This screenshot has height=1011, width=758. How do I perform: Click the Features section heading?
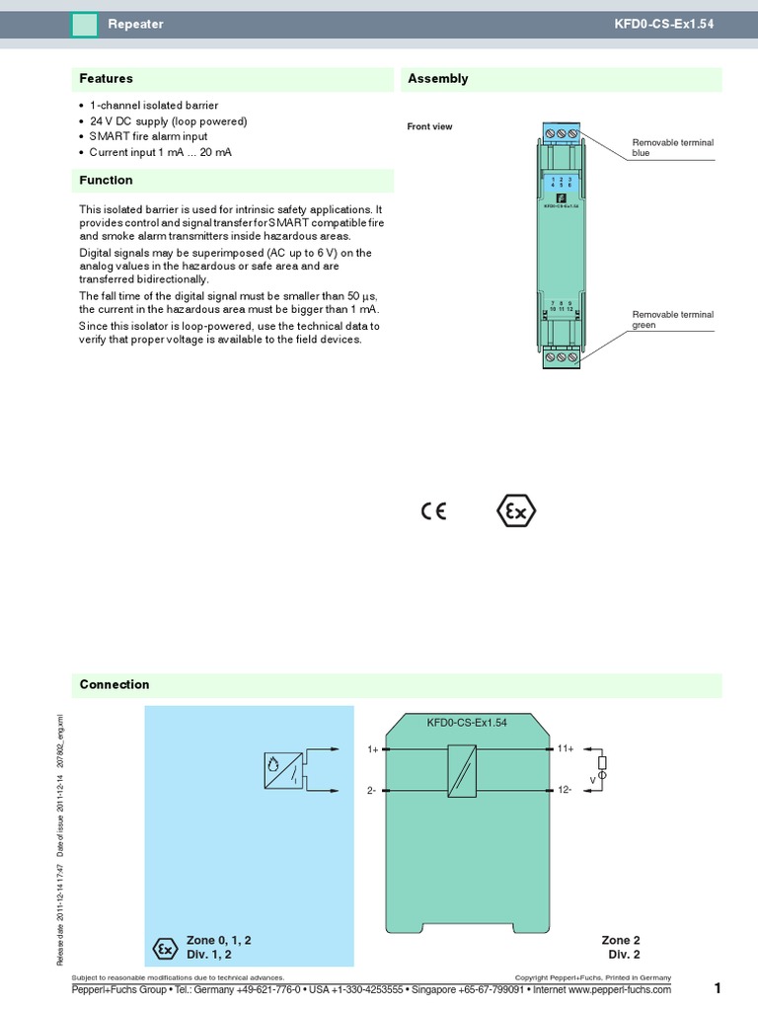point(106,79)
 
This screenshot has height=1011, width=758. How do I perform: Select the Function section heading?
point(106,181)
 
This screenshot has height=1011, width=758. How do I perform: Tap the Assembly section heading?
point(437,79)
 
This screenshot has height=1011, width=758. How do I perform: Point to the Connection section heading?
point(114,684)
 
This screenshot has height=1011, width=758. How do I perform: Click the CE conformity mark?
point(433,511)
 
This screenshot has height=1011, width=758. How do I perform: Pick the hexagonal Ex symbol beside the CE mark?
point(515,511)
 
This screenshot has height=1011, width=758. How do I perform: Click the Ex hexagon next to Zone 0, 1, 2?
point(164,948)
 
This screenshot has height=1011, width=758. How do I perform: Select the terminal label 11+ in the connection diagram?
point(566,749)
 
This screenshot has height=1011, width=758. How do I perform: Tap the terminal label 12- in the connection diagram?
point(566,790)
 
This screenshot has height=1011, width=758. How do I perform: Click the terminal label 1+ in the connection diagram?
point(373,750)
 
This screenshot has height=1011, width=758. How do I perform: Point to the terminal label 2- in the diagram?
point(373,791)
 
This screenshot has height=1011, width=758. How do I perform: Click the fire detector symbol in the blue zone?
point(283,769)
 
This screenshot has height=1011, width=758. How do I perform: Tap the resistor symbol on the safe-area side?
point(603,762)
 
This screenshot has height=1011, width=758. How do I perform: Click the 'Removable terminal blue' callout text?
point(672,148)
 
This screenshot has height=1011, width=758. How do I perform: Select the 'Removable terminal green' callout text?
point(672,319)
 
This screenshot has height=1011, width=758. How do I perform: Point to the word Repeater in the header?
point(135,24)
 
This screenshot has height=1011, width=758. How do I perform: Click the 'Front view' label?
point(429,126)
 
